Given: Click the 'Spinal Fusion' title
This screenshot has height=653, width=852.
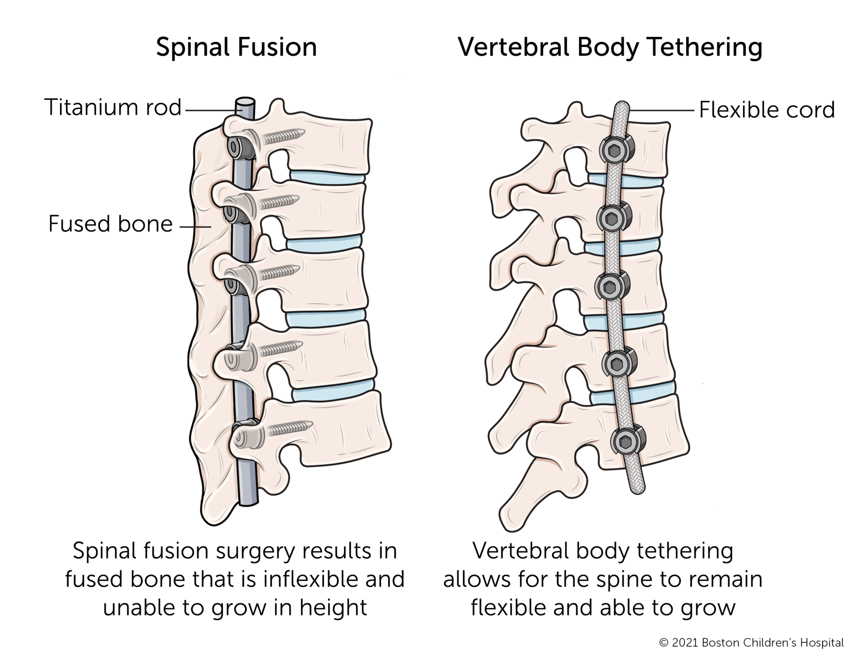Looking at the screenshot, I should click(x=236, y=47).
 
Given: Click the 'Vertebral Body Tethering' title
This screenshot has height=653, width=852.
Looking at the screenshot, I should click(x=610, y=47).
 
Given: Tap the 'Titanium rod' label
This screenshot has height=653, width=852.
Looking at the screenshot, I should click(x=113, y=107).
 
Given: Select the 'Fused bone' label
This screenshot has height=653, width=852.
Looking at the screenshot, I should click(x=110, y=224).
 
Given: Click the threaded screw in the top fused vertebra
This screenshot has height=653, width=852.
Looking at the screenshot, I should click(x=283, y=136).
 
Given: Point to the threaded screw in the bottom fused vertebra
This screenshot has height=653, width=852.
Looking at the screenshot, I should click(x=290, y=428).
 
